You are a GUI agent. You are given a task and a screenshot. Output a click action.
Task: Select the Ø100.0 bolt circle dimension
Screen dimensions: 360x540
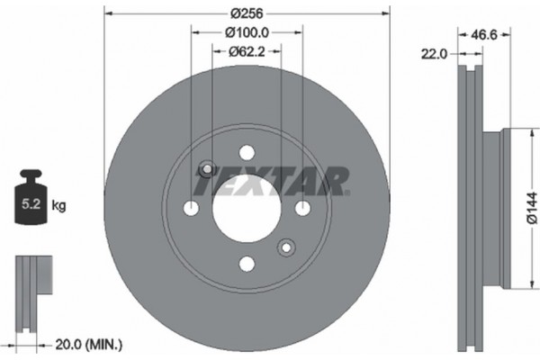point(247,32)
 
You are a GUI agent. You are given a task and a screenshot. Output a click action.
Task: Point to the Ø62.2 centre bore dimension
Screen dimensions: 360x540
point(247,50)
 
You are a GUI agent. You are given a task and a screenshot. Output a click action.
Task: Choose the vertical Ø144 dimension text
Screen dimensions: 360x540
point(531,208)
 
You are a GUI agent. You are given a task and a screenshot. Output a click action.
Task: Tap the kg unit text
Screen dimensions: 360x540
point(59,206)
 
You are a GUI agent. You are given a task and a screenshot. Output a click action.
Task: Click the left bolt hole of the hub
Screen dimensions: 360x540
point(192,209)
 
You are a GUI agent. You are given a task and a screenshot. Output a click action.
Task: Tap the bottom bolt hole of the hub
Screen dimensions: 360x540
point(247,264)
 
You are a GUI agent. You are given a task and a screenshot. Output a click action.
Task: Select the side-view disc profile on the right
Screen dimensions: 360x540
point(477,207)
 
